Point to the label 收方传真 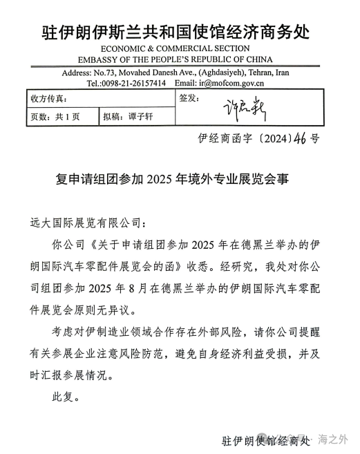pos(48,100)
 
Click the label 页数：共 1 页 pos(55,117)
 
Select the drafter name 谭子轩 pos(140,117)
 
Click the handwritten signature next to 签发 pos(245,109)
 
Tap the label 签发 pos(189,98)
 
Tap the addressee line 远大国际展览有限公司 pos(79,223)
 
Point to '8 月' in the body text pos(178,287)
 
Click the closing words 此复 pos(66,397)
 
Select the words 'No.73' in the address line pos(102,73)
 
